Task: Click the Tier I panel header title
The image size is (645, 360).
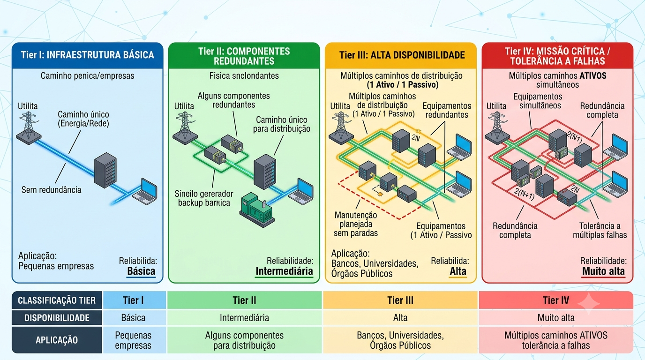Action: (x=88, y=55)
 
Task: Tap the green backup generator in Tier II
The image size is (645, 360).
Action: (x=256, y=210)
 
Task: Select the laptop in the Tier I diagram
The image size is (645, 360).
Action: (x=145, y=191)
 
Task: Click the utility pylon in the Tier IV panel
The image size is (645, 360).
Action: (x=497, y=128)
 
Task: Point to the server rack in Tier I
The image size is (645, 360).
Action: (x=105, y=170)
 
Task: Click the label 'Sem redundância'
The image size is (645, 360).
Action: (x=51, y=190)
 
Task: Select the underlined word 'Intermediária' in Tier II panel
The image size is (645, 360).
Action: (x=284, y=271)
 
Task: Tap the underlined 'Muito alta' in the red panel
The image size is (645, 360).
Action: (x=603, y=271)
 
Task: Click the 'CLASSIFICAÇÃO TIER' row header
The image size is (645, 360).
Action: (x=57, y=300)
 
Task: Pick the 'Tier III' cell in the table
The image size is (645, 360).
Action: (x=400, y=300)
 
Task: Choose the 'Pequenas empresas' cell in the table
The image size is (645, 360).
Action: (x=133, y=340)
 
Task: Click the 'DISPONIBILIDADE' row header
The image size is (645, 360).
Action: (x=57, y=318)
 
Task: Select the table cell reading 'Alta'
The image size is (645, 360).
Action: (x=400, y=318)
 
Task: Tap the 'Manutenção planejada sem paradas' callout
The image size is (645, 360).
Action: (x=356, y=224)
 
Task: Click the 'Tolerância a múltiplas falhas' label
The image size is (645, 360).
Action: (x=600, y=231)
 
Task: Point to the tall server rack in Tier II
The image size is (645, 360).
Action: (x=265, y=172)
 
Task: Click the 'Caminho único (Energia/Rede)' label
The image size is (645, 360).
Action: (x=83, y=119)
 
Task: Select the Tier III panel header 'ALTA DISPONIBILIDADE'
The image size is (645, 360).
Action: (x=402, y=55)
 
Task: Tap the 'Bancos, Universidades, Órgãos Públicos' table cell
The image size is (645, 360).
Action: (x=400, y=340)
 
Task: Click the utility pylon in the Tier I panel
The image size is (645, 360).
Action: (x=29, y=128)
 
